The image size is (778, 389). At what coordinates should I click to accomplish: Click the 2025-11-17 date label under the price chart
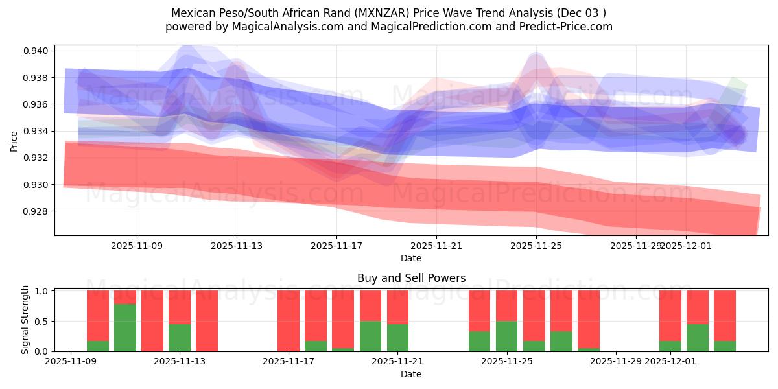click(x=336, y=246)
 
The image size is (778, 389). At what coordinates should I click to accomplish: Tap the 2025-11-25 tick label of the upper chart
click(x=536, y=246)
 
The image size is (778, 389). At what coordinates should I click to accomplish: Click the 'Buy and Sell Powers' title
click(x=411, y=278)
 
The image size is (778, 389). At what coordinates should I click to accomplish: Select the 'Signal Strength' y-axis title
click(x=26, y=320)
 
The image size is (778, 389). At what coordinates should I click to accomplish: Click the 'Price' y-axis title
click(x=14, y=140)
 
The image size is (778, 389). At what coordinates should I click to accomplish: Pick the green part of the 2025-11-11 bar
click(x=125, y=327)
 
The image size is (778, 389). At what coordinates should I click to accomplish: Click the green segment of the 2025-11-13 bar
click(x=180, y=337)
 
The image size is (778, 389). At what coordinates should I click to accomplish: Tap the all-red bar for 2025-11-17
click(x=289, y=321)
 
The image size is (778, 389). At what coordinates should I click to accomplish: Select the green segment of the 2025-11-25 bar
click(x=507, y=336)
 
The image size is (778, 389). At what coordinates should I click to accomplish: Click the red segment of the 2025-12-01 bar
click(x=670, y=315)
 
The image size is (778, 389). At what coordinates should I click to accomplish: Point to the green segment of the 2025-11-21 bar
click(x=397, y=337)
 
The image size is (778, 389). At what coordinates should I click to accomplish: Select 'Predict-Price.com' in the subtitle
click(x=568, y=27)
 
